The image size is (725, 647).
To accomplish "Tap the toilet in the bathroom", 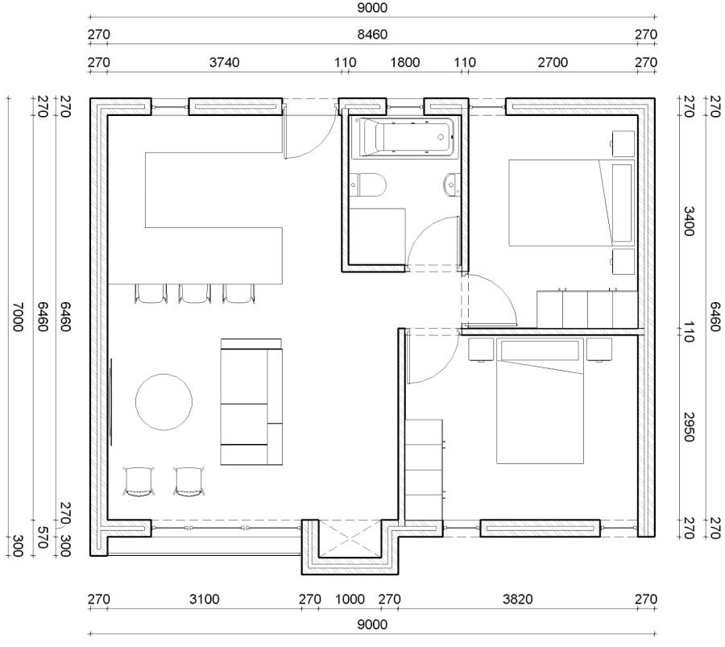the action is click(367, 185).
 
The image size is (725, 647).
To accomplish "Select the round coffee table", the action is click(164, 402).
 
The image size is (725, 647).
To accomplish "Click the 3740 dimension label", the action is click(224, 62).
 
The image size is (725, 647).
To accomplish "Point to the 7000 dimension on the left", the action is click(17, 317).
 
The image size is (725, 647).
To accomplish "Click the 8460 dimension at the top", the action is click(372, 35).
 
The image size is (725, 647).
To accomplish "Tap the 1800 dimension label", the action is click(405, 62).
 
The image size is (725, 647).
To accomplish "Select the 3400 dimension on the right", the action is click(689, 222).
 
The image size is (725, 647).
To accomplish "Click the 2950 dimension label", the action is click(689, 427).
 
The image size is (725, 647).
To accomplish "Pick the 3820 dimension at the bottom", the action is click(518, 599).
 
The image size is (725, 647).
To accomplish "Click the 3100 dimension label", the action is click(205, 599).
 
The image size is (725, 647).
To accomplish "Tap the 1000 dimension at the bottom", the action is click(350, 599).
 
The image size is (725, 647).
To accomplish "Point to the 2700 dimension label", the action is click(553, 62).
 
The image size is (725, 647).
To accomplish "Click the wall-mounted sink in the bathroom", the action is click(452, 185).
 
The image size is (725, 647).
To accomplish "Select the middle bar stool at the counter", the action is click(195, 293).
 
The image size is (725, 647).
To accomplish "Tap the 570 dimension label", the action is click(43, 537).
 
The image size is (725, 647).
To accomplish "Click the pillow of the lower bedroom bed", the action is click(540, 350).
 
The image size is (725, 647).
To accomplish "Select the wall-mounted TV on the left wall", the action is click(110, 402).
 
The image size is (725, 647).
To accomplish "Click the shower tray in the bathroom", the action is click(377, 236).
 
